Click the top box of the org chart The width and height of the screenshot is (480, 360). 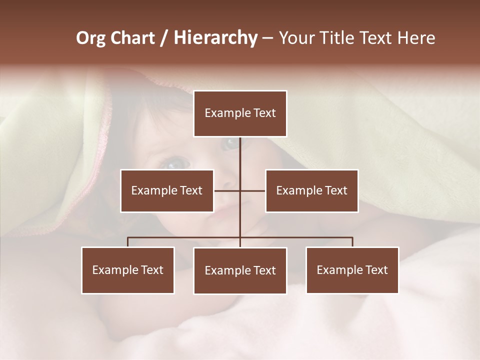240,113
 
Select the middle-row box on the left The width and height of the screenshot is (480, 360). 167,190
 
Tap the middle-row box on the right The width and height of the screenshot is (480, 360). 311,190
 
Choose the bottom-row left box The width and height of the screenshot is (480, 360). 128,270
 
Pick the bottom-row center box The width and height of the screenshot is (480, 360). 240,270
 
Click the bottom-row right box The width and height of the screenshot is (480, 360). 352,270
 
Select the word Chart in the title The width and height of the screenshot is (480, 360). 132,38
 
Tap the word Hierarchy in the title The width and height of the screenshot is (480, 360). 215,38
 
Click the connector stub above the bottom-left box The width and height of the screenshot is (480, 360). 128,242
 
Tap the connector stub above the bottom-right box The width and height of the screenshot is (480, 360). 352,242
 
